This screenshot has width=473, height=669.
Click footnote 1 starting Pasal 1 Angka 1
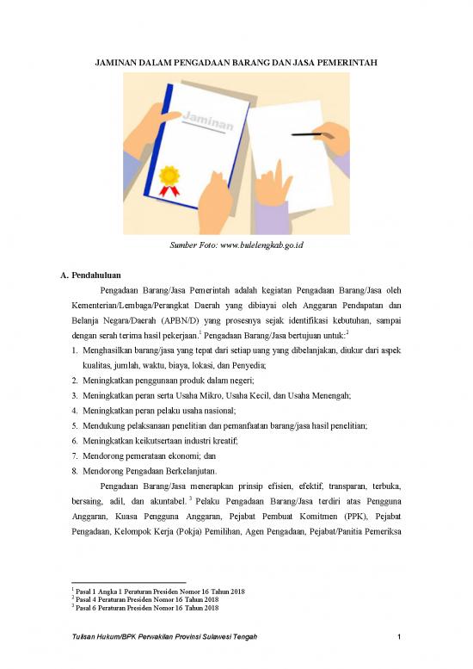[158, 592]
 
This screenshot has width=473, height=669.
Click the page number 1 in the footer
[401, 636]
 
